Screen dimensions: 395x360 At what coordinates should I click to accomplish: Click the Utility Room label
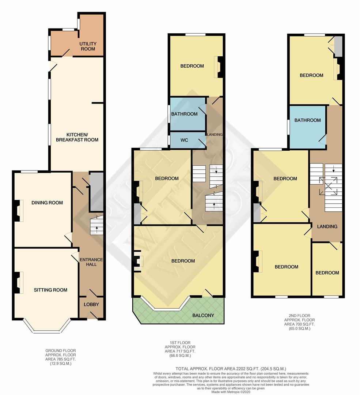(88, 46)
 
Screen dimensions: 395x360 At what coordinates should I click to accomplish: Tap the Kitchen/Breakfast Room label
(77, 137)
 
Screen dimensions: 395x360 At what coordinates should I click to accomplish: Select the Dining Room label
(47, 203)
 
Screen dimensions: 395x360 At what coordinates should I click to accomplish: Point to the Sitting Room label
(50, 290)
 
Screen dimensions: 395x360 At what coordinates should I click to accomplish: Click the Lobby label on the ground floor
(91, 304)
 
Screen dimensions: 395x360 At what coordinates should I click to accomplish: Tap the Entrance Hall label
(91, 262)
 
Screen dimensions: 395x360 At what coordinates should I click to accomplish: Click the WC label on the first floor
(184, 140)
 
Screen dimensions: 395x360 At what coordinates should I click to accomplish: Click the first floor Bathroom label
(185, 114)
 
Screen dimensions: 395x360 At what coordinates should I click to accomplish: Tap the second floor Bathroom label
(308, 120)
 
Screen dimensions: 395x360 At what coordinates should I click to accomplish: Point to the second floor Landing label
(327, 226)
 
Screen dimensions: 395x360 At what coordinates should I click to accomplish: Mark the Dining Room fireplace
(17, 210)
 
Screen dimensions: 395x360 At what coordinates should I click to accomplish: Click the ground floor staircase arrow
(96, 229)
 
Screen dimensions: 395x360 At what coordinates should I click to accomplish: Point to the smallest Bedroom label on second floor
(327, 272)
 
